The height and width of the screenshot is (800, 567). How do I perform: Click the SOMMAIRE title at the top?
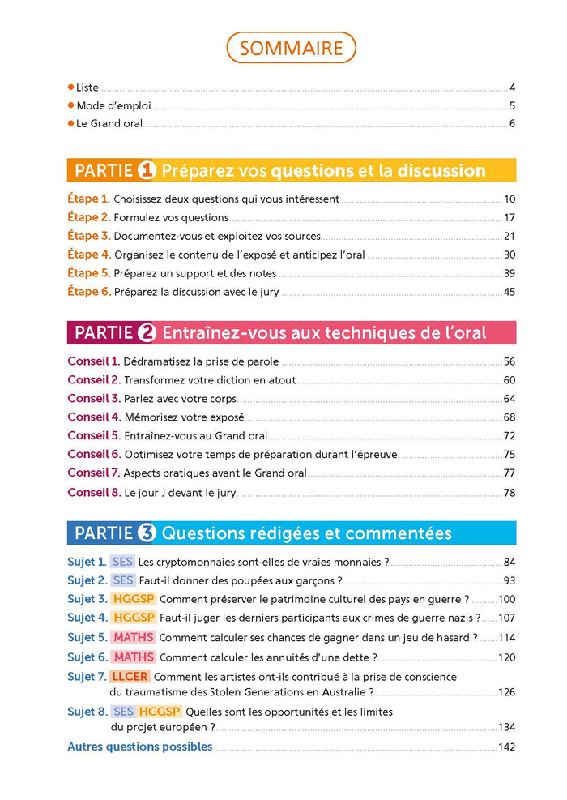pyautogui.click(x=291, y=48)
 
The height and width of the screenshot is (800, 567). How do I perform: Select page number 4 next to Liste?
pyautogui.click(x=512, y=88)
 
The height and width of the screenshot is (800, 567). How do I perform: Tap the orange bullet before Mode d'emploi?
pyautogui.click(x=70, y=105)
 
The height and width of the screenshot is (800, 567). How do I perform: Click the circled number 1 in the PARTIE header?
pyautogui.click(x=147, y=170)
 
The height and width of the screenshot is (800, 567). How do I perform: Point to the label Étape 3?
pyautogui.click(x=88, y=236)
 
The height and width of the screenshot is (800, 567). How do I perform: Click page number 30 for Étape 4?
pyautogui.click(x=509, y=255)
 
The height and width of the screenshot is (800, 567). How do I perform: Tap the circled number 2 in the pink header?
pyautogui.click(x=147, y=332)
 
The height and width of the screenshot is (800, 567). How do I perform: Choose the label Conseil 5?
pyautogui.click(x=94, y=435)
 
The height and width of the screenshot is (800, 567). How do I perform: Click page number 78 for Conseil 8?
pyautogui.click(x=509, y=493)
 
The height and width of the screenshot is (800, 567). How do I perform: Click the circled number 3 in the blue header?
pyautogui.click(x=147, y=533)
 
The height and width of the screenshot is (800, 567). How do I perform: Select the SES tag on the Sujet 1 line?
pyautogui.click(x=122, y=562)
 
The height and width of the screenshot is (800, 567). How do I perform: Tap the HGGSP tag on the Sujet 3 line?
pyautogui.click(x=134, y=599)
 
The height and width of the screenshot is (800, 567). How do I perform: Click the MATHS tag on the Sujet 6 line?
pyautogui.click(x=134, y=657)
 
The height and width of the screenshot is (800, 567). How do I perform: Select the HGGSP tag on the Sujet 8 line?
pyautogui.click(x=160, y=712)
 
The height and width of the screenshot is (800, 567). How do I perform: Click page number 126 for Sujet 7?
pyautogui.click(x=506, y=693)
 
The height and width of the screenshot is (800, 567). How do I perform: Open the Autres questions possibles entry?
pyautogui.click(x=139, y=747)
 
